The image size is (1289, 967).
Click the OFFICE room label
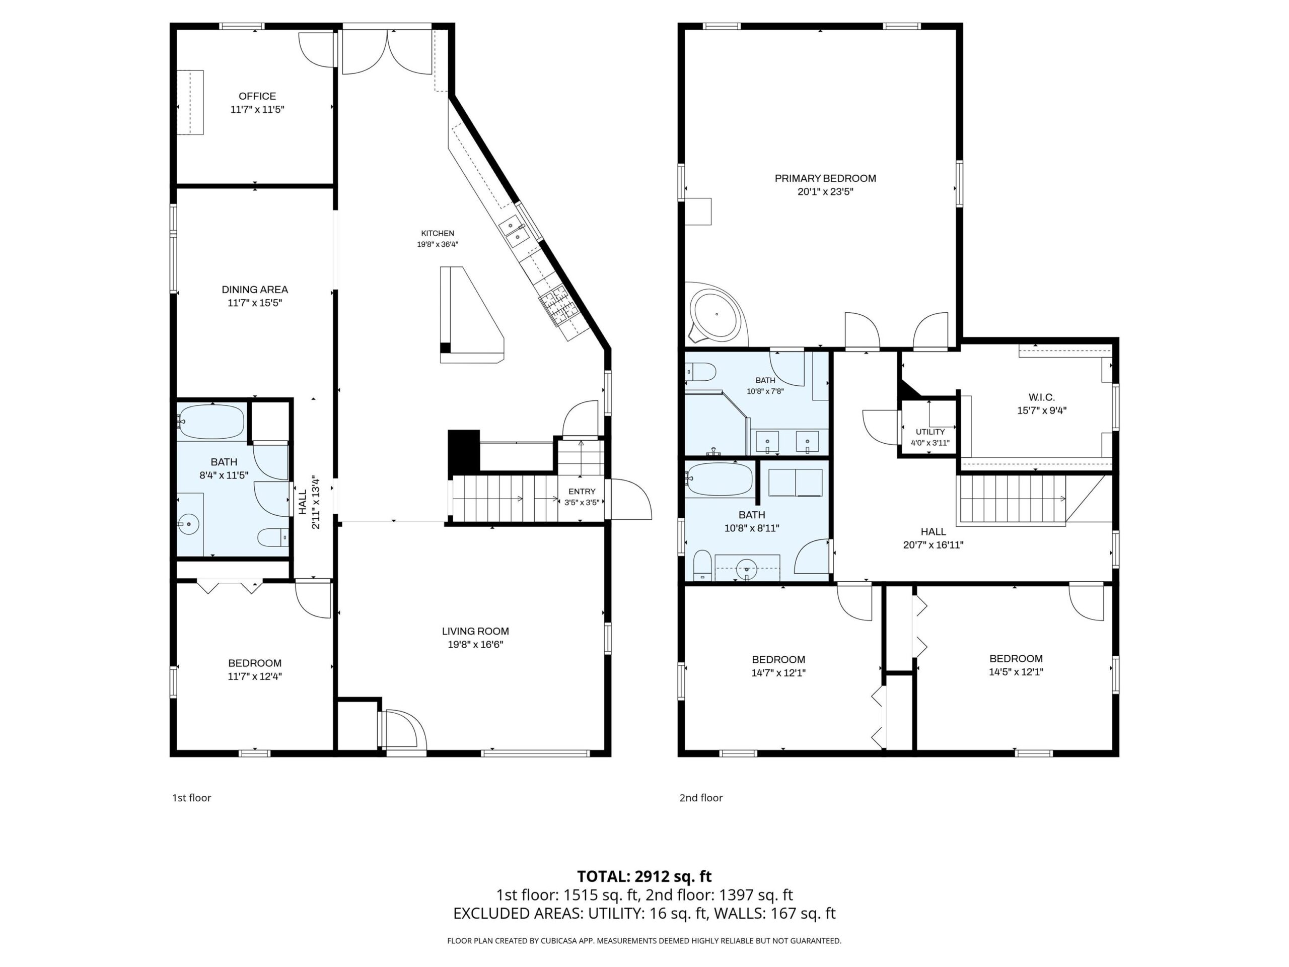[x=257, y=96]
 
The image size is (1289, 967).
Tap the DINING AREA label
[x=255, y=290]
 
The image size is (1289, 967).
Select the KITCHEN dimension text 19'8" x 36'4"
[x=438, y=245]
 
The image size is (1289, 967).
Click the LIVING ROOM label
[x=475, y=631]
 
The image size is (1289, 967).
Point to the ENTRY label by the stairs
[x=582, y=492]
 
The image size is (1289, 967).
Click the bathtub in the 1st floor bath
[x=211, y=421]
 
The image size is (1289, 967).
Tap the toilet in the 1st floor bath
[x=273, y=537]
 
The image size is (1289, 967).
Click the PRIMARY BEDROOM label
[x=825, y=178]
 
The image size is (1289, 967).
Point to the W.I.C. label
[x=1042, y=397]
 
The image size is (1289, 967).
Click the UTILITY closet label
[x=930, y=432]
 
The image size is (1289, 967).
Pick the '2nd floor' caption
[x=701, y=797]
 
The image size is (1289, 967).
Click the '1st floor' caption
[x=191, y=797]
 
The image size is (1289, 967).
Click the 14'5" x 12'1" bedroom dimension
[x=1016, y=671]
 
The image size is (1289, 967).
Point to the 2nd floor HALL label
[x=934, y=531]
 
